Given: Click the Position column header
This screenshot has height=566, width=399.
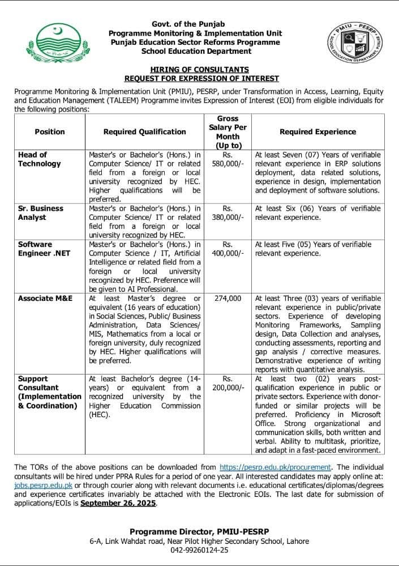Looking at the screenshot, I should coord(50,131).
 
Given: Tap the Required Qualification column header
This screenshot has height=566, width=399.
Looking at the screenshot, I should coord(144,131).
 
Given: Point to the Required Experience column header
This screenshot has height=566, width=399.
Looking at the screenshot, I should coord(318,131).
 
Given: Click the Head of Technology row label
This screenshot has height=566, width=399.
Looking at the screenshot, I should coord(40,159).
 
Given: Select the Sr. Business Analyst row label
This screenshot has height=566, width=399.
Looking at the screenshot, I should coord(41,213).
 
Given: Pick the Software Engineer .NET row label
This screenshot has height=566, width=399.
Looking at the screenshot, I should coord(44,249).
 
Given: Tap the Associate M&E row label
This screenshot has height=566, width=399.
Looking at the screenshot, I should coord(45,298).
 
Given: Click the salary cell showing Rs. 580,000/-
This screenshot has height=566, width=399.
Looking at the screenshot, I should coord(228,159).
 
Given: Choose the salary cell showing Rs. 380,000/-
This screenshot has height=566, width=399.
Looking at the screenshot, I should coord(228,213).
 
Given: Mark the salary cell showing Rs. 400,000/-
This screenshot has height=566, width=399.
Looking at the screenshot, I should coord(228,249).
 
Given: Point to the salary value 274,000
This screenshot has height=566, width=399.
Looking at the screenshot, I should coord(228,298).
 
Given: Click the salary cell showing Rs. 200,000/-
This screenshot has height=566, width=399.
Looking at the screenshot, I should coord(228,383).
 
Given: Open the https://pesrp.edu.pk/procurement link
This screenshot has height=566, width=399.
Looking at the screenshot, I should coord(275,467).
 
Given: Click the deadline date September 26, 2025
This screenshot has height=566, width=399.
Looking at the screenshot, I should coord(119,503).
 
